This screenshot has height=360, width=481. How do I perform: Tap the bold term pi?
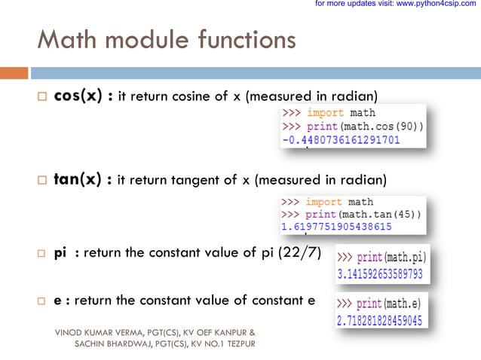click(61, 252)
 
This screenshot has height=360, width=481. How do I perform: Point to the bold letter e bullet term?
click(57, 301)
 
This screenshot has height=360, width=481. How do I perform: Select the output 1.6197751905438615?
click(336, 225)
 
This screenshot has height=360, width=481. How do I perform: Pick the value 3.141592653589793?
click(380, 275)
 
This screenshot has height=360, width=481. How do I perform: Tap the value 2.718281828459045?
click(378, 321)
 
